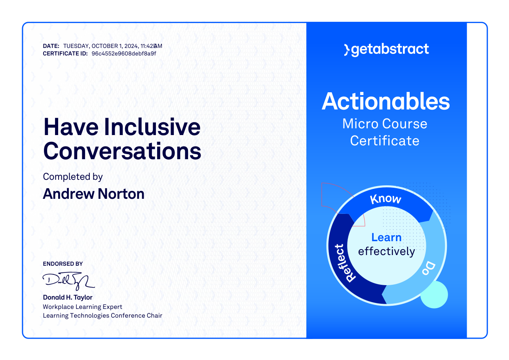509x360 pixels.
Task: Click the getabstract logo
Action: pos(387,50)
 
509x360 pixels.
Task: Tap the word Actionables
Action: pos(386,101)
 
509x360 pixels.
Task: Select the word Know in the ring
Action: pos(386,199)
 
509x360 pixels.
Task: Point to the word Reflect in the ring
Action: pos(345,263)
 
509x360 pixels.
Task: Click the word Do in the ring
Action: pos(429,268)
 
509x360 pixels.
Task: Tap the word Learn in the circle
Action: pos(386,237)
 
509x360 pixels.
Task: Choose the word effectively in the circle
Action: pos(387,251)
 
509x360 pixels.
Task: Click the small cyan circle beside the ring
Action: pos(434,295)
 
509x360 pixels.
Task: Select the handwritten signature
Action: pos(68,281)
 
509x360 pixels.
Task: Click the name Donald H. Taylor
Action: pos(68,297)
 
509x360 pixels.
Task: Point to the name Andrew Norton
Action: pos(94,194)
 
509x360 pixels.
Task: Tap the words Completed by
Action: pos(73,177)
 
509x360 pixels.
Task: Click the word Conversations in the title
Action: pos(122,151)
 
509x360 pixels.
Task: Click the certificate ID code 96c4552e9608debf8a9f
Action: pos(124,54)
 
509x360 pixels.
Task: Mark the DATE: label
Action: pos(51,46)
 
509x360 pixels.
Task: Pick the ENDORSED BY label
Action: pos(63,264)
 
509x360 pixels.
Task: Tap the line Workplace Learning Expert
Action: pos(82,307)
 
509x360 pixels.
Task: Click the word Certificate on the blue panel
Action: pos(385,141)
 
